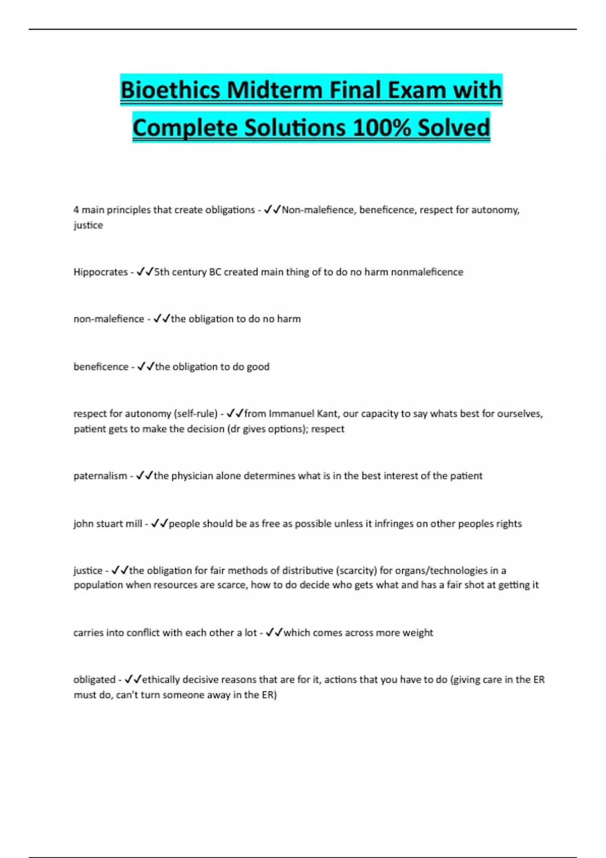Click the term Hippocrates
tap(100, 272)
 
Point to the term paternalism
tap(100, 476)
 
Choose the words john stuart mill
tap(108, 524)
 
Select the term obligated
tap(94, 680)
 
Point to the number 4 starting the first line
tap(76, 210)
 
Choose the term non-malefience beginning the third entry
tap(109, 319)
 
